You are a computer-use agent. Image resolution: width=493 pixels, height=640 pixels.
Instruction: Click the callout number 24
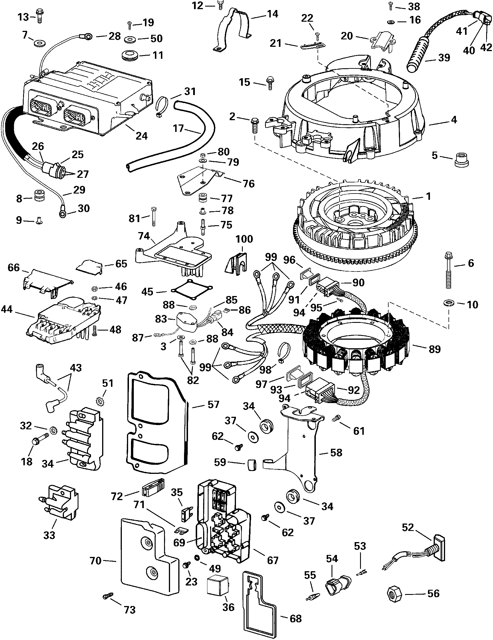pyautogui.click(x=142, y=136)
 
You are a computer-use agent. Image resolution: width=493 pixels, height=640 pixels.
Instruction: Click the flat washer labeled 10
pyautogui.click(x=448, y=302)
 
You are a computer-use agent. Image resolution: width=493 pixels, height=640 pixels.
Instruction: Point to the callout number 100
pyautogui.click(x=244, y=239)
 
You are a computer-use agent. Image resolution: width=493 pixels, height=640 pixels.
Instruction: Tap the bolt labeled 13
pyautogui.click(x=39, y=15)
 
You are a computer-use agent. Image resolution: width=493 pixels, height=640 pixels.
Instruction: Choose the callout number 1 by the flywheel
pyautogui.click(x=428, y=196)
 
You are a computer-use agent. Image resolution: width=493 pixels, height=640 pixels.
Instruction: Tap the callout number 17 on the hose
pyautogui.click(x=178, y=128)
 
